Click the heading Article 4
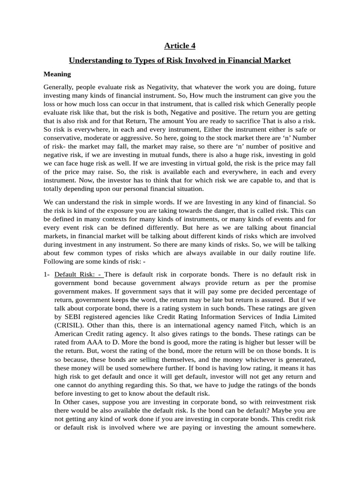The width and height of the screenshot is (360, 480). coord(180,45)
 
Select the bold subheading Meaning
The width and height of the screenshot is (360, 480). coord(57,74)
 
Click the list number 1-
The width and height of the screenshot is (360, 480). coord(46,275)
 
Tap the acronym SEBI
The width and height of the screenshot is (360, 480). coord(71,317)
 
